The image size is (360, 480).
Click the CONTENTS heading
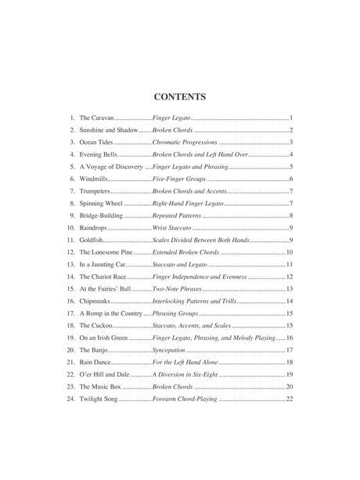point(179,98)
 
